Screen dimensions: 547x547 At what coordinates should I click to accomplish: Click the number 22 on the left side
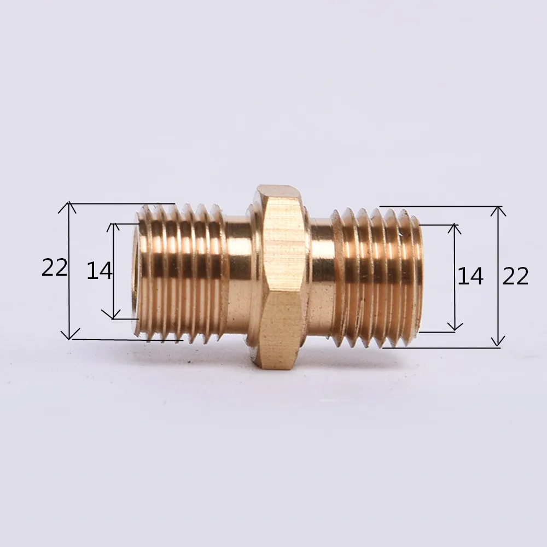point(54,268)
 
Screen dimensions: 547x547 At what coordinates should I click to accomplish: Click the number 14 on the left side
point(100,271)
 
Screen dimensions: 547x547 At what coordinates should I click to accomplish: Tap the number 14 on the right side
point(470,276)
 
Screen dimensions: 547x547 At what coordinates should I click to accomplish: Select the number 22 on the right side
point(515,276)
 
